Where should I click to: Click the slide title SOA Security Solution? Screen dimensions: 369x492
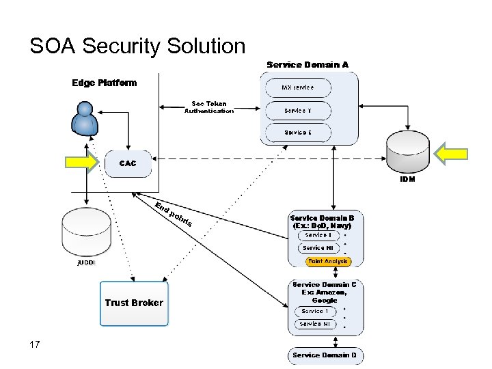(x=137, y=46)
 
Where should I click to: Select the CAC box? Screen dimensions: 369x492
(x=128, y=163)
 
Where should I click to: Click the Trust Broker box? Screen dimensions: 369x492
(x=133, y=303)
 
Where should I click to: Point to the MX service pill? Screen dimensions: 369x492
(x=298, y=87)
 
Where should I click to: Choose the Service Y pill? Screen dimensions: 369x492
(x=298, y=111)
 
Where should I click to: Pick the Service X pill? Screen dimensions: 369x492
(x=298, y=132)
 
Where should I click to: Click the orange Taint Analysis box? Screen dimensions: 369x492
(x=328, y=261)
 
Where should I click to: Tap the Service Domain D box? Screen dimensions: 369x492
(x=325, y=355)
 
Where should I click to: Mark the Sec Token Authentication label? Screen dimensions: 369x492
(x=208, y=107)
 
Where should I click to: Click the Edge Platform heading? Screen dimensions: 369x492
(x=105, y=83)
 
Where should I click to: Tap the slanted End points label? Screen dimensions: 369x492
(x=173, y=214)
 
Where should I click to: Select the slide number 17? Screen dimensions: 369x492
(x=35, y=344)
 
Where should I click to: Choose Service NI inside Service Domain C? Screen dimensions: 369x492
(x=315, y=324)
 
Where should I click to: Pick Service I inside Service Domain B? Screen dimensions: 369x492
(x=317, y=235)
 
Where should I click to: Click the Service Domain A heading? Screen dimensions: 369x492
(x=307, y=64)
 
